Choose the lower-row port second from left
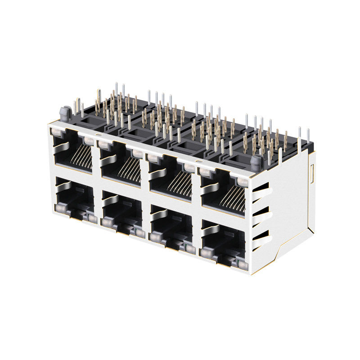[121, 211]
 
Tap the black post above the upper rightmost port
[256, 162]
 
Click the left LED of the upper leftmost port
[57, 132]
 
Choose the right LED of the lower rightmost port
[243, 266]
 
